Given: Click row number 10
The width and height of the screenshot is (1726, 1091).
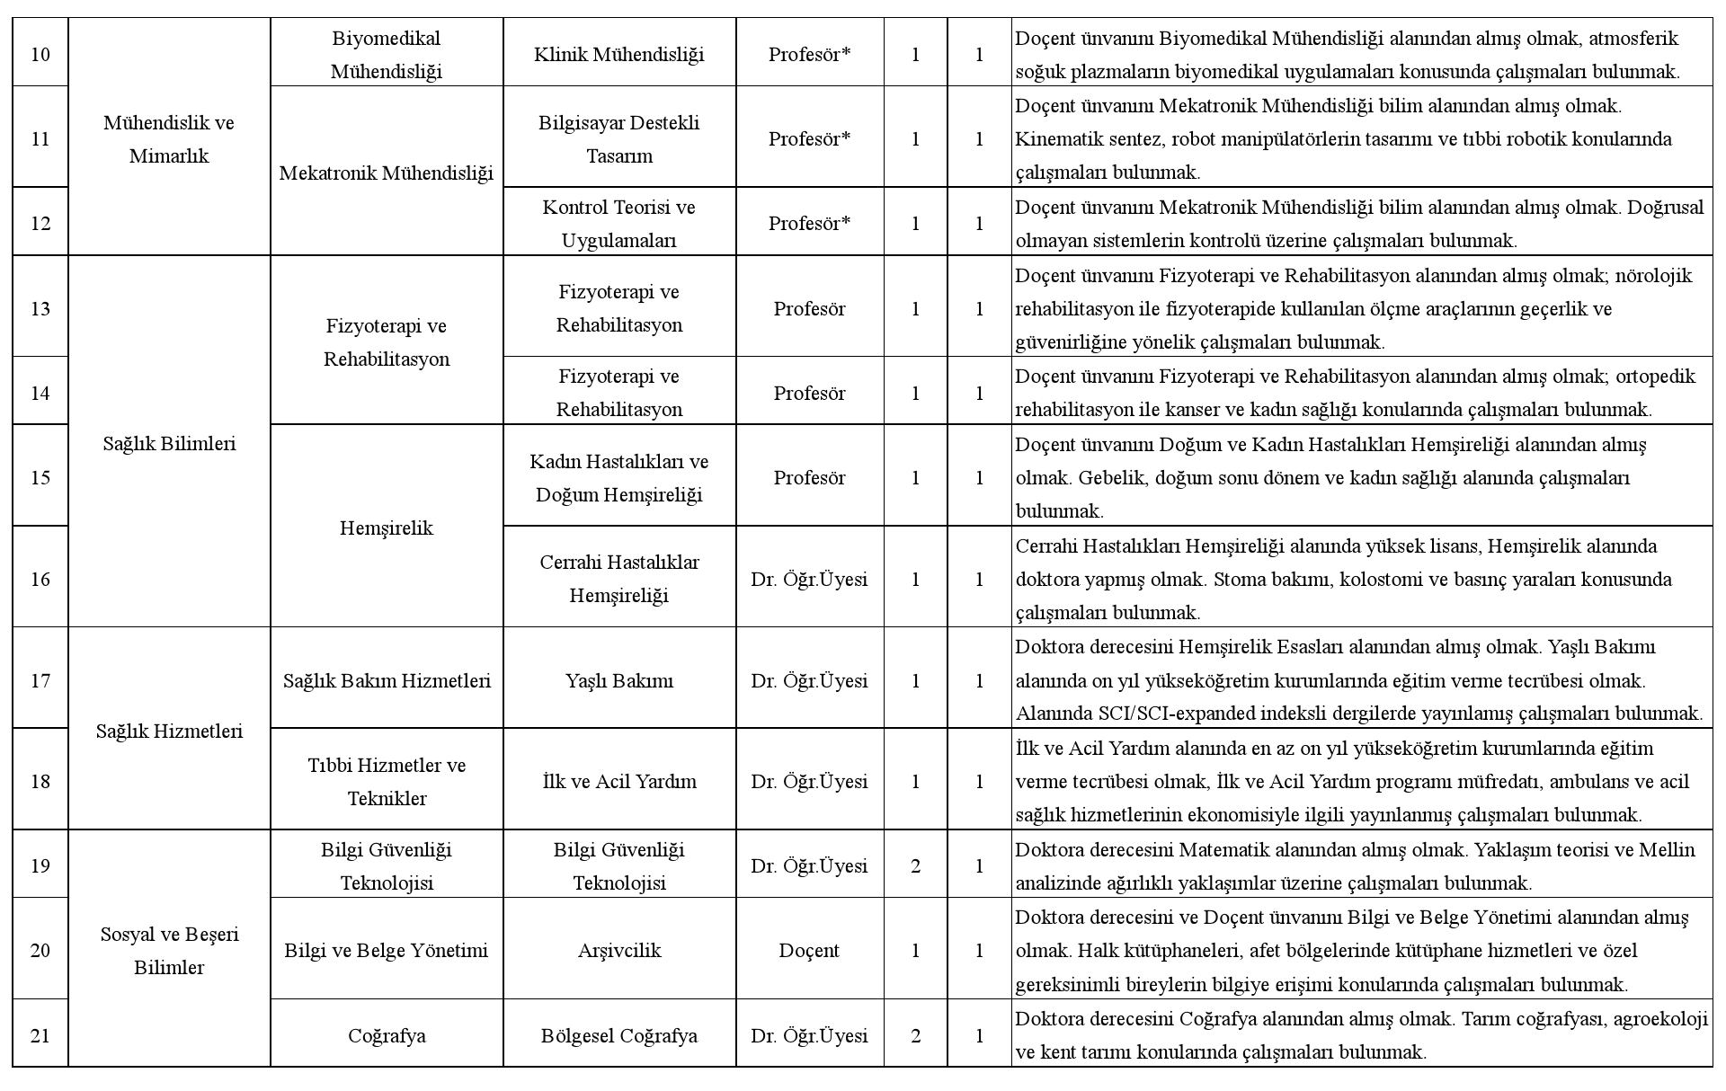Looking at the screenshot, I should pyautogui.click(x=40, y=55).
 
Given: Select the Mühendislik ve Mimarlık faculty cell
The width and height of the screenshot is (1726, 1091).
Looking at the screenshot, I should pyautogui.click(x=169, y=139).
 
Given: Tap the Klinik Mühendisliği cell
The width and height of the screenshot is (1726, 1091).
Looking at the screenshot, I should pyautogui.click(x=619, y=55).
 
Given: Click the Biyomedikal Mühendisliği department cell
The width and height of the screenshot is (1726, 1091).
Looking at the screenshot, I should pyautogui.click(x=387, y=55).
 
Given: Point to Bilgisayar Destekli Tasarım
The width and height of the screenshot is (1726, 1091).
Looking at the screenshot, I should pyautogui.click(x=619, y=139).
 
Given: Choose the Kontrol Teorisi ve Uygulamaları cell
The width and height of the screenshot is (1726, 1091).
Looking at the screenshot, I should pyautogui.click(x=619, y=224).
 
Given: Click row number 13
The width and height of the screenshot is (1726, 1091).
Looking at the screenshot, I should pyautogui.click(x=40, y=308).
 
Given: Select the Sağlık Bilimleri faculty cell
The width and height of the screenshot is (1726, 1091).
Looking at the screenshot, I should pyautogui.click(x=169, y=443).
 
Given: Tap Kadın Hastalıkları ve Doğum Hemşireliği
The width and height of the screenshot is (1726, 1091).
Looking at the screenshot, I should pyautogui.click(x=619, y=477).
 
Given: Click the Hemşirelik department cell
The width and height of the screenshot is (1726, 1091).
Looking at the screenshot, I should pyautogui.click(x=387, y=528).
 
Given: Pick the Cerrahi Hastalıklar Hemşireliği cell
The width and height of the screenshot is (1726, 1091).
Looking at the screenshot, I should pyautogui.click(x=619, y=578).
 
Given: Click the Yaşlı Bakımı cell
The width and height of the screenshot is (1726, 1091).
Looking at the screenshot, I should pyautogui.click(x=619, y=680).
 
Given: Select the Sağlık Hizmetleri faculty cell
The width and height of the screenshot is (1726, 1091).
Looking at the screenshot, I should pyautogui.click(x=169, y=731).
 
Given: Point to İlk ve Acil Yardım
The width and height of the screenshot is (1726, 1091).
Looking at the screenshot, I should pyautogui.click(x=619, y=781).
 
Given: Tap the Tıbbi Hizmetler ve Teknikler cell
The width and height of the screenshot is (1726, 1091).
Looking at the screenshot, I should pyautogui.click(x=387, y=781).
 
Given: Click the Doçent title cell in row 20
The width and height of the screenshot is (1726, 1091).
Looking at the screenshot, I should pyautogui.click(x=809, y=950).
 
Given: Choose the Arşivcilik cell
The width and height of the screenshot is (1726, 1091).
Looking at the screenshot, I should pyautogui.click(x=619, y=950).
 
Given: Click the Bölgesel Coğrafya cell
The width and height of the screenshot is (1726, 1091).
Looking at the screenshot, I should pyautogui.click(x=619, y=1035).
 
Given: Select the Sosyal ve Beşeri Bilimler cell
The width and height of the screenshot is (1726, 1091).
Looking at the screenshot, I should pyautogui.click(x=169, y=950).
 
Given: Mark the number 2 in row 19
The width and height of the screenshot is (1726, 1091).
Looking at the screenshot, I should pyautogui.click(x=915, y=865).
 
